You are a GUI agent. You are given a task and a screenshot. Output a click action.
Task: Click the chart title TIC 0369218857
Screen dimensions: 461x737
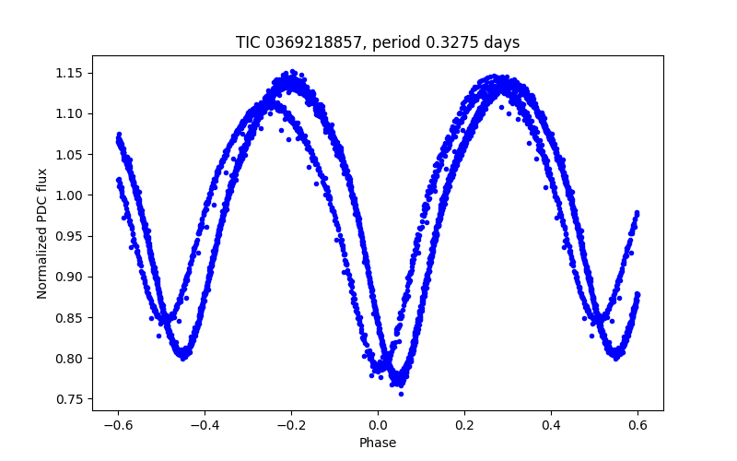click(377, 42)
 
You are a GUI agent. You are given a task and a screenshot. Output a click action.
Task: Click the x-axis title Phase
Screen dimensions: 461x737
click(378, 443)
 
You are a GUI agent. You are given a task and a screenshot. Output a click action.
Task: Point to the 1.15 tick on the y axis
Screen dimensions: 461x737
click(71, 73)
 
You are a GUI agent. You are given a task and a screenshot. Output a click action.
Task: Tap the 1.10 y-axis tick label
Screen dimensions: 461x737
click(71, 113)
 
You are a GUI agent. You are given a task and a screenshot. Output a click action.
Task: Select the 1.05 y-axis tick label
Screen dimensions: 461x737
click(71, 154)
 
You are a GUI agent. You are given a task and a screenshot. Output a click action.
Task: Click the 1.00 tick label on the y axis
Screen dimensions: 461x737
click(71, 195)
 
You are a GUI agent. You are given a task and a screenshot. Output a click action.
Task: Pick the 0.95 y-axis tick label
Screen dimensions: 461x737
click(71, 236)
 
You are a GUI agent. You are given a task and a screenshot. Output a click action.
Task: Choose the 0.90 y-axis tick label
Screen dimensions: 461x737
click(71, 277)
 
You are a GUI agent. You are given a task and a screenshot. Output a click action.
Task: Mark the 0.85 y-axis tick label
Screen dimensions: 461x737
click(71, 317)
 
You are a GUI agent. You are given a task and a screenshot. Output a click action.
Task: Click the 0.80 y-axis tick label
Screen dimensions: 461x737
click(71, 358)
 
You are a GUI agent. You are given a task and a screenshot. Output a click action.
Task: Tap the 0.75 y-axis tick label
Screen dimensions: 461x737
click(71, 399)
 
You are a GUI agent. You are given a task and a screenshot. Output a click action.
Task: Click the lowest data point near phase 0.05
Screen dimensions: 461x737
click(401, 394)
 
